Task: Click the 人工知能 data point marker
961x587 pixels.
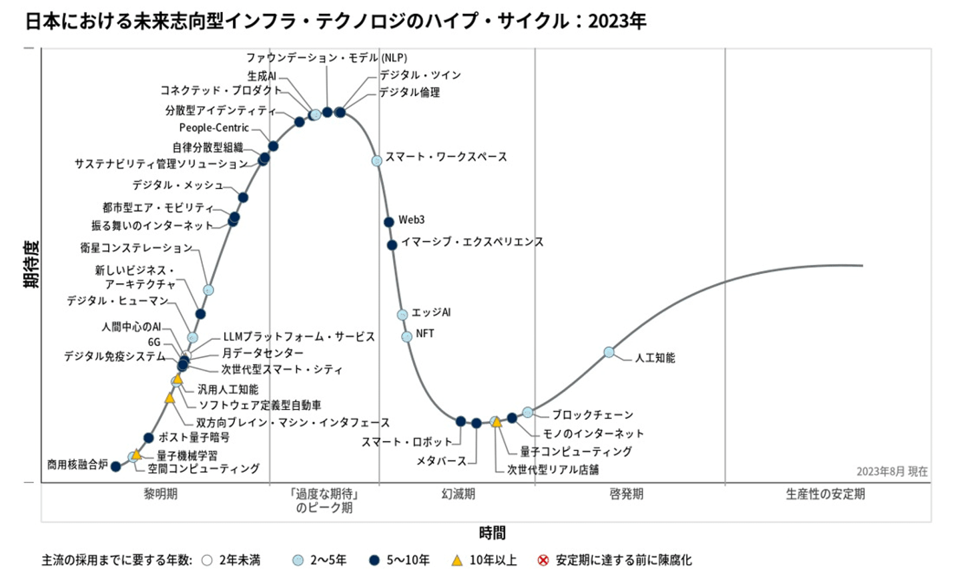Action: point(609,352)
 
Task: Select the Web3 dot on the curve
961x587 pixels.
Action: point(389,222)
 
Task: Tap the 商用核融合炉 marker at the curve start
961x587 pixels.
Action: point(115,466)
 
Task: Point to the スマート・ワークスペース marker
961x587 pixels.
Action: point(377,160)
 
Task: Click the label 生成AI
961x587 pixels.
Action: point(262,76)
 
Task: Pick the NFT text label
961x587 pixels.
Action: point(425,333)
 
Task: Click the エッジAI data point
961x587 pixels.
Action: point(402,315)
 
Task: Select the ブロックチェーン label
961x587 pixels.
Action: point(592,415)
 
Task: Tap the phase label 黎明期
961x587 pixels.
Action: point(160,494)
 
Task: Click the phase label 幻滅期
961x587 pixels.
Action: point(458,494)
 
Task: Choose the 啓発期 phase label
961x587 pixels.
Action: point(626,494)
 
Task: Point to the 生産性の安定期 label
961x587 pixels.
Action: point(825,494)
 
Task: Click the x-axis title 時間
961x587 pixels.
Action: point(492,533)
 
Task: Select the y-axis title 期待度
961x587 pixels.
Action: point(31,264)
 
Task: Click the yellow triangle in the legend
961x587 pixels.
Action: point(456,560)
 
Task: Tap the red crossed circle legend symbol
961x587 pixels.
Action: point(543,560)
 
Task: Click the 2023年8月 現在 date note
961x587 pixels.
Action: point(892,471)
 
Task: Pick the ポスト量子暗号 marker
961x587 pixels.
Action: point(149,438)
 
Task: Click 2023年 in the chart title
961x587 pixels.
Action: point(617,21)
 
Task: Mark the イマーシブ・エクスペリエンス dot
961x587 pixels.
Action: point(392,245)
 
